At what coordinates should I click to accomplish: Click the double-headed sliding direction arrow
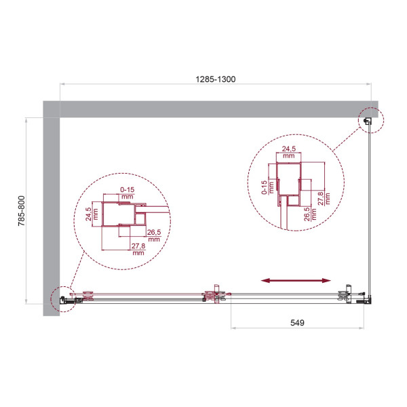click(x=296, y=279)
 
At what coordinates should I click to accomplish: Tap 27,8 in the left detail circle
click(x=139, y=249)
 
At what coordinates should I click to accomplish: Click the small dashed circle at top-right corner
click(x=370, y=121)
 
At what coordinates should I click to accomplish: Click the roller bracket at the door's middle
click(x=215, y=294)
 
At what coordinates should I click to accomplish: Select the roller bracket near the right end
click(x=347, y=292)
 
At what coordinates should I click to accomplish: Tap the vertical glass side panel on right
click(x=370, y=210)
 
